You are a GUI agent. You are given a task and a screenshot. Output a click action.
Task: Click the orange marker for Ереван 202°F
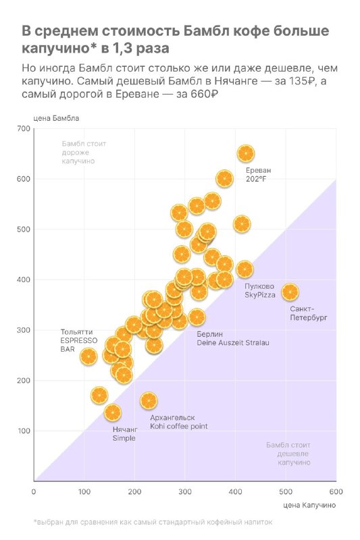[246, 154]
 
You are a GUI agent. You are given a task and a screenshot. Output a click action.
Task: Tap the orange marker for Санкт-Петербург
[290, 292]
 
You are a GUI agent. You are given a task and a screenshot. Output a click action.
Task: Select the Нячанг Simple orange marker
[113, 412]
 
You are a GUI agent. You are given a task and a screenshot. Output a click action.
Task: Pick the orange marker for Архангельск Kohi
[149, 401]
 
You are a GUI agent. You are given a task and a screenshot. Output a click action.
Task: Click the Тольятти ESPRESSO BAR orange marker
[88, 356]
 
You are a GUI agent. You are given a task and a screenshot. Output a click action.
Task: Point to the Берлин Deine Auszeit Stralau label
[233, 339]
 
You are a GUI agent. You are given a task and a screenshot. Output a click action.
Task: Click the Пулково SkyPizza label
[260, 291]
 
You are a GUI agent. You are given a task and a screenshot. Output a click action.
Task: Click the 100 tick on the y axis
[24, 431]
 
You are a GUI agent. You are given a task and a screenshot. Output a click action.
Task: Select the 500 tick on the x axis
[286, 491]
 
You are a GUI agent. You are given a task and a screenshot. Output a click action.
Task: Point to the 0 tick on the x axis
[33, 491]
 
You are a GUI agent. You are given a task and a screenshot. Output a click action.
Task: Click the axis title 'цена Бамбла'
[56, 118]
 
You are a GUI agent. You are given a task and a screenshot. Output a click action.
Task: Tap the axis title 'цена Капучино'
[309, 505]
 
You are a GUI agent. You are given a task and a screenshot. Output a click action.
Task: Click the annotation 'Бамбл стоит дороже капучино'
[84, 153]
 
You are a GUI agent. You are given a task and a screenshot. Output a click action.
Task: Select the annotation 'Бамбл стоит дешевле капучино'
[288, 454]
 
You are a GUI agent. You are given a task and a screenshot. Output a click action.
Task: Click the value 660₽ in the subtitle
[204, 94]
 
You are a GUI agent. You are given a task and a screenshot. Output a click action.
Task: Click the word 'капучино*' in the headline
[59, 48]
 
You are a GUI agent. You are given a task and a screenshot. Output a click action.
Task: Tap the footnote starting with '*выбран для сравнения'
[153, 522]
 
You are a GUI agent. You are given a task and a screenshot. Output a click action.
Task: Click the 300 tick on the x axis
[185, 491]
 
